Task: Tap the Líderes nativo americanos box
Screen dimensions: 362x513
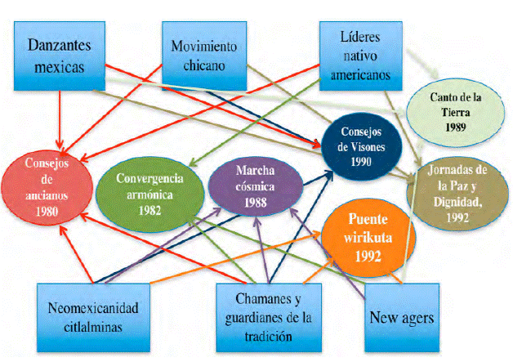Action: point(361,55)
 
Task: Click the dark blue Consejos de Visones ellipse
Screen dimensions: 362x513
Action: point(360,145)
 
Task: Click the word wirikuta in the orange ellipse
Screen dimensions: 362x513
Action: point(365,236)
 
